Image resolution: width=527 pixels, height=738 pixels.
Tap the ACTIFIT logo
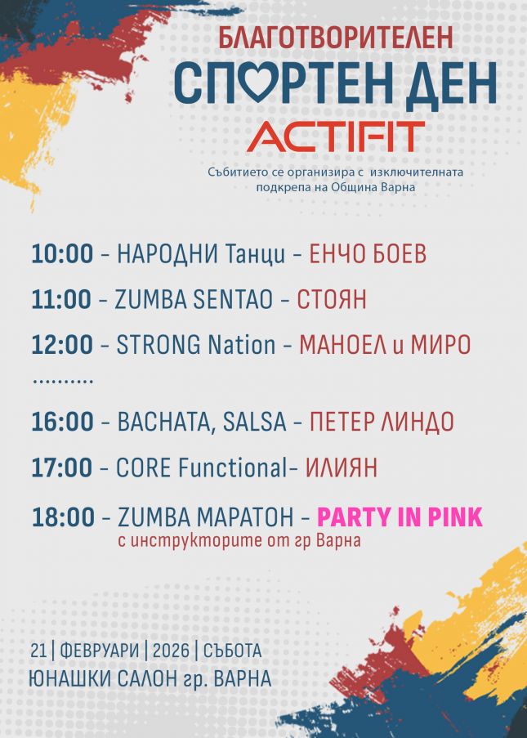point(336,136)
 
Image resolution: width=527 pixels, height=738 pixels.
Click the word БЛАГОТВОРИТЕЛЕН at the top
point(336,38)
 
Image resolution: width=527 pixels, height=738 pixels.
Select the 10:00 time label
point(62,253)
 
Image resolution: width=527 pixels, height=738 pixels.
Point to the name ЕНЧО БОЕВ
point(368,253)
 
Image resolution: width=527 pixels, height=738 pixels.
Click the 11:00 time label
point(61,299)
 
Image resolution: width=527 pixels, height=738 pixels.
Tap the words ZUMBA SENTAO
point(194,299)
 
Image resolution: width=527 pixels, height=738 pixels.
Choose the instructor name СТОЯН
point(331,299)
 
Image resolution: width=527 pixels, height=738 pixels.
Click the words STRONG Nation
point(196,345)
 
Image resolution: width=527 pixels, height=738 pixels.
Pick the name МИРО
point(441,345)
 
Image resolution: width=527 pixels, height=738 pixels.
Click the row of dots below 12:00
point(63,380)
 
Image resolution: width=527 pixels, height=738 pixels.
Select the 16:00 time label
point(62,421)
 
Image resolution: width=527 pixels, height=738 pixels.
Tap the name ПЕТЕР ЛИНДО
point(382,421)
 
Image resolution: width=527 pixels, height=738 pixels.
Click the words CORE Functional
point(201,467)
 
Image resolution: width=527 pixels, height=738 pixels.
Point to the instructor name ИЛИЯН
point(342,467)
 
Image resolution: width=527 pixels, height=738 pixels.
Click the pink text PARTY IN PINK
point(400,517)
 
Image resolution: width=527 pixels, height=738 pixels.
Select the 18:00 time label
point(63,517)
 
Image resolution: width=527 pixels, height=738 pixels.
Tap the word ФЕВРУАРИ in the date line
point(100,651)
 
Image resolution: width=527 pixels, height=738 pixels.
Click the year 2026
point(171,651)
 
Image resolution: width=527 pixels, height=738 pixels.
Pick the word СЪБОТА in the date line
point(232,651)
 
